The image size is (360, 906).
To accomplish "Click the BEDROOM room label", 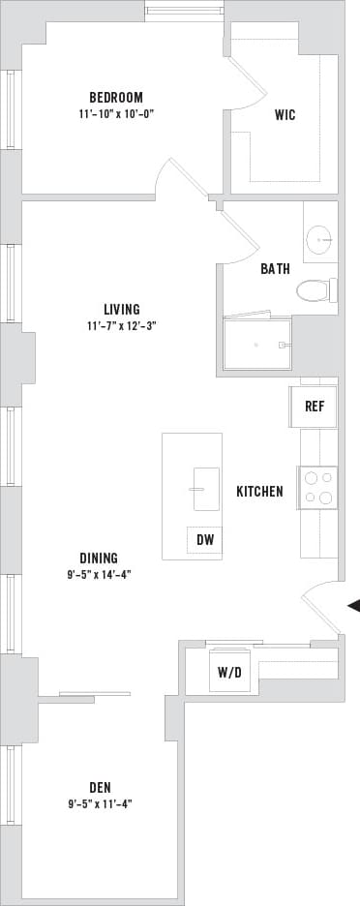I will tap(116, 97).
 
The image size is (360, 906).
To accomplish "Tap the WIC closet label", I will tap(285, 115).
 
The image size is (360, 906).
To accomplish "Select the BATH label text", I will tap(275, 269).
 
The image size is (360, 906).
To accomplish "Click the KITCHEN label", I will tap(259, 492).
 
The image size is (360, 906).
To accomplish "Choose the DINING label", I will tap(99, 558).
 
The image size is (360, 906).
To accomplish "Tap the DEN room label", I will tap(99, 786).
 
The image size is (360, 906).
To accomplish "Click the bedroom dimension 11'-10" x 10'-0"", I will tap(117, 113).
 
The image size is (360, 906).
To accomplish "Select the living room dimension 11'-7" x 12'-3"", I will tap(122, 326).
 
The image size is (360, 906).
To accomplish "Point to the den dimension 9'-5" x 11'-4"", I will tap(99, 802).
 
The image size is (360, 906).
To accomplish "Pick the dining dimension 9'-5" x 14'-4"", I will tap(99, 574).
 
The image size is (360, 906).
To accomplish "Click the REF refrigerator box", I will tap(314, 407).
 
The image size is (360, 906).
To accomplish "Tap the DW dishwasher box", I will tap(204, 540).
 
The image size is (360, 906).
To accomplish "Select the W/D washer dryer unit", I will tap(229, 671).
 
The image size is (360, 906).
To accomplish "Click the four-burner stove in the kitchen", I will tap(318, 487).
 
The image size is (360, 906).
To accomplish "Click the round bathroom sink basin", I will tap(319, 238).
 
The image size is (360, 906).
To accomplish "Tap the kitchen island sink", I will tap(206, 488).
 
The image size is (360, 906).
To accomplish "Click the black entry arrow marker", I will tap(353, 606).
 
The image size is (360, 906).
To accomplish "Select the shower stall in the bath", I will tap(257, 344).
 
